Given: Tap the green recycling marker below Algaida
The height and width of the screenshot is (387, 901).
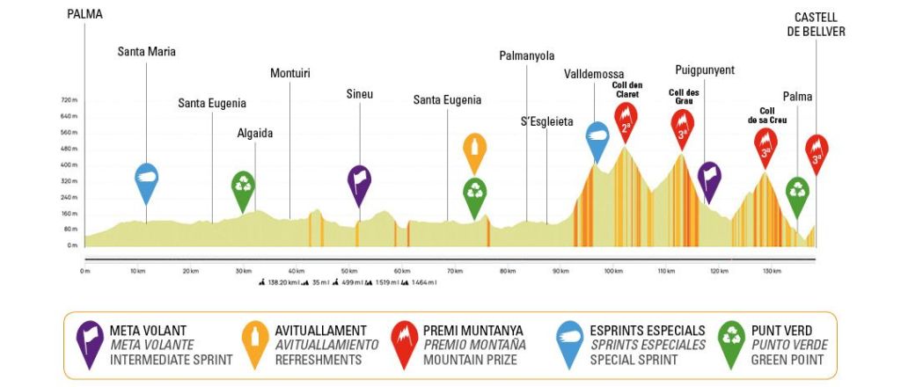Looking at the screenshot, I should point(243,186).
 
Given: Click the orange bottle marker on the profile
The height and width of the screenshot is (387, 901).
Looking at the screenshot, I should point(474,150).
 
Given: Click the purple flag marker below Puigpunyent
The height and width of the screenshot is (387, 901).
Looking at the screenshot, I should point(709,178).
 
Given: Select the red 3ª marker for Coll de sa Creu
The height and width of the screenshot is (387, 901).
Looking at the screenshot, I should point(765,144).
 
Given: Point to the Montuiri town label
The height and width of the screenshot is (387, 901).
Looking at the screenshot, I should point(289,73).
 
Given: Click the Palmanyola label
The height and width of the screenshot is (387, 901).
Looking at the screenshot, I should point(526,55).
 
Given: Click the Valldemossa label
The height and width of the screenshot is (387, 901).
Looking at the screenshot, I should point(594,74).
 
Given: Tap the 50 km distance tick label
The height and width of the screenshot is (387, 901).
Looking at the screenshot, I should point(348,271).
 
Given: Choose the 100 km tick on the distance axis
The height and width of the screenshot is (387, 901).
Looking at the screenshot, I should point(612,271).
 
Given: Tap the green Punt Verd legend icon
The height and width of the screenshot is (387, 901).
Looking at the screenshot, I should point(730,343).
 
